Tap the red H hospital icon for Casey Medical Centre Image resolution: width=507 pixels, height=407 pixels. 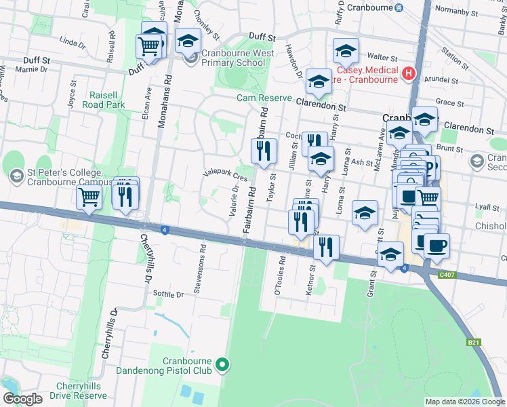click(409, 73)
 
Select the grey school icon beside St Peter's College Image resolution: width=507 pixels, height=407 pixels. click(15, 176)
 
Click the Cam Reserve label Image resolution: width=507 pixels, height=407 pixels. click(264, 98)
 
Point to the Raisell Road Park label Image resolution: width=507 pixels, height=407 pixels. click(104, 100)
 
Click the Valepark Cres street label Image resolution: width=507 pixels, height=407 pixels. click(226, 175)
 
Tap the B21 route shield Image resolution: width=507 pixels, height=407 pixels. click(473, 343)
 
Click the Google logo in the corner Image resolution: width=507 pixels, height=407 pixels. click(22, 399)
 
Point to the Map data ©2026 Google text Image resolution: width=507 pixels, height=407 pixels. click(464, 402)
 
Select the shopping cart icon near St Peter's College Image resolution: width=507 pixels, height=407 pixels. click(89, 198)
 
